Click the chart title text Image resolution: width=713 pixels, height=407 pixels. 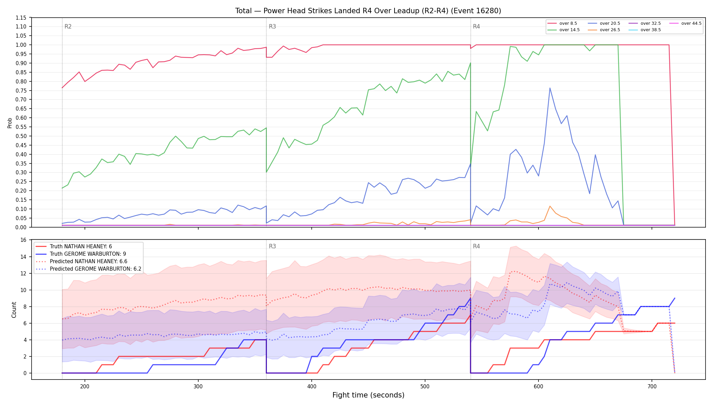pyautogui.click(x=368, y=11)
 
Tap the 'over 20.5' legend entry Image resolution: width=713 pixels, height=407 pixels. pyautogui.click(x=604, y=23)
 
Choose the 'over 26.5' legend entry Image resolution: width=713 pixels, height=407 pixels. pyautogui.click(x=604, y=30)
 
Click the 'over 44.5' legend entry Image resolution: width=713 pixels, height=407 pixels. pyautogui.click(x=685, y=23)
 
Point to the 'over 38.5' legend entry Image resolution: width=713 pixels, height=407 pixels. pyautogui.click(x=645, y=30)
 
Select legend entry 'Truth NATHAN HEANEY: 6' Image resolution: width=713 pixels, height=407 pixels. pyautogui.click(x=74, y=247)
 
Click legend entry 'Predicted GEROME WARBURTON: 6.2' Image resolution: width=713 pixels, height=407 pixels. pyautogui.click(x=88, y=269)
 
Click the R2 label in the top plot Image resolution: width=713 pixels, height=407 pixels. pyautogui.click(x=68, y=26)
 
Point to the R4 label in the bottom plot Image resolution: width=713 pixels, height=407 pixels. pyautogui.click(x=476, y=246)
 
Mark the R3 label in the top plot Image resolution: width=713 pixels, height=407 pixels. pyautogui.click(x=272, y=26)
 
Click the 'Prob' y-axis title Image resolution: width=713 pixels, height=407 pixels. pyautogui.click(x=10, y=123)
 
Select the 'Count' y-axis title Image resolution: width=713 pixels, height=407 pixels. pyautogui.click(x=14, y=310)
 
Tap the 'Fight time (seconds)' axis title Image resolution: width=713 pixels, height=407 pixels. pyautogui.click(x=368, y=395)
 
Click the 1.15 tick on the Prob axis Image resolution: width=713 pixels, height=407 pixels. pyautogui.click(x=21, y=18)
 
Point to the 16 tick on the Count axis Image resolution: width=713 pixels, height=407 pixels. pyautogui.click(x=23, y=240)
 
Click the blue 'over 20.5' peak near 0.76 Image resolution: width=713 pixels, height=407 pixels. pyautogui.click(x=550, y=88)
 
